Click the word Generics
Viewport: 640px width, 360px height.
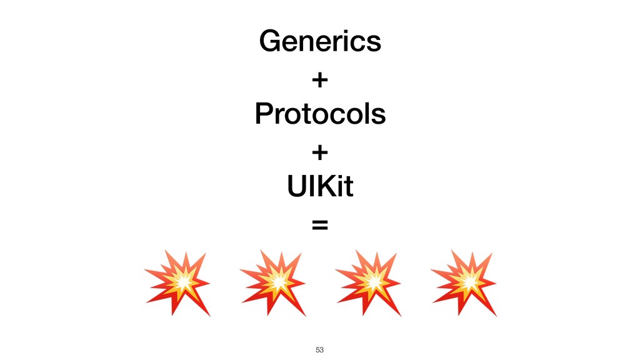click(x=319, y=42)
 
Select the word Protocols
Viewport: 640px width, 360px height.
click(x=319, y=114)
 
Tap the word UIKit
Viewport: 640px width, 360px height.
click(x=319, y=186)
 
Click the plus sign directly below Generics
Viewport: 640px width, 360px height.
click(x=319, y=80)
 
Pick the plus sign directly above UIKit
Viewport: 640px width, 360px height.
click(x=319, y=152)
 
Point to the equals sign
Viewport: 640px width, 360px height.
click(x=319, y=224)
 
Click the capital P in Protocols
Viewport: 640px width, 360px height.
click(x=262, y=114)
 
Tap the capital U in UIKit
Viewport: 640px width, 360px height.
click(x=294, y=186)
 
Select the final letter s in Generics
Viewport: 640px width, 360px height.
click(x=374, y=43)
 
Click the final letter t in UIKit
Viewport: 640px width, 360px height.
click(x=348, y=187)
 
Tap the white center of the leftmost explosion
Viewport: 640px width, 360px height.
click(x=182, y=282)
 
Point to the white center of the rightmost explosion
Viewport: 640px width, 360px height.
click(x=469, y=282)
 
